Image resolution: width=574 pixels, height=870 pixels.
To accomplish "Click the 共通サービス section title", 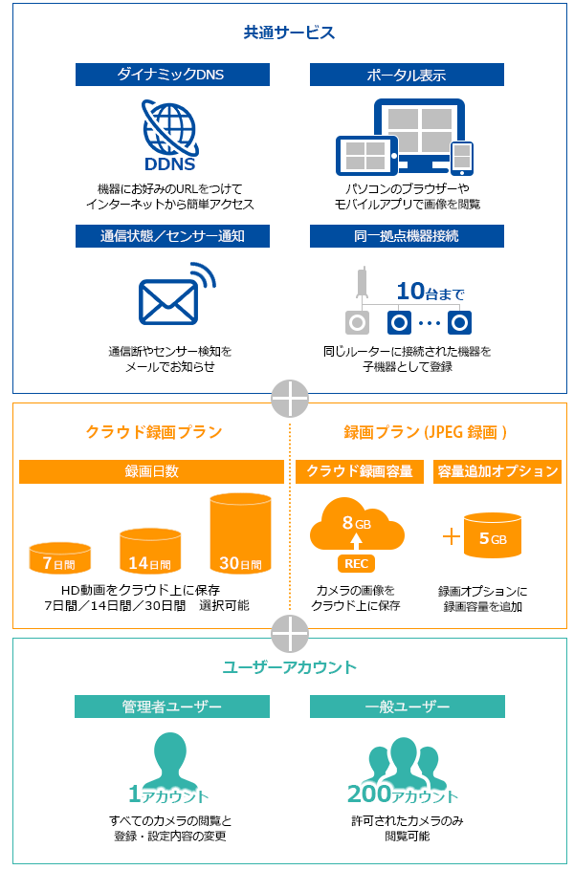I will [x=289, y=33].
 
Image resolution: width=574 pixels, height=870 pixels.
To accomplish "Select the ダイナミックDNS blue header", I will [x=172, y=75].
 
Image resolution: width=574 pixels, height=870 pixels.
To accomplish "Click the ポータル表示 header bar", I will [x=407, y=75].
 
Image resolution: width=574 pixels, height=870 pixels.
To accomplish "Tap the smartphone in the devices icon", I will [x=462, y=159].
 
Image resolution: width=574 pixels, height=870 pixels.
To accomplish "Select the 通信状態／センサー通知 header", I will [x=172, y=236].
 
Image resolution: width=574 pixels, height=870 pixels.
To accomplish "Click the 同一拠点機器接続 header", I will [x=407, y=236].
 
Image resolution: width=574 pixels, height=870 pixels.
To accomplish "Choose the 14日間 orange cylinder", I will [x=150, y=552].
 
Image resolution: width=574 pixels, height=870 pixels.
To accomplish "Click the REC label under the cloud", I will [x=356, y=563].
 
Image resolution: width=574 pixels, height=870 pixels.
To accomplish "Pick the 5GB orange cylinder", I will [x=492, y=537].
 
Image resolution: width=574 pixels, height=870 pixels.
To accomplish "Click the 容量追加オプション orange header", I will [x=497, y=471].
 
